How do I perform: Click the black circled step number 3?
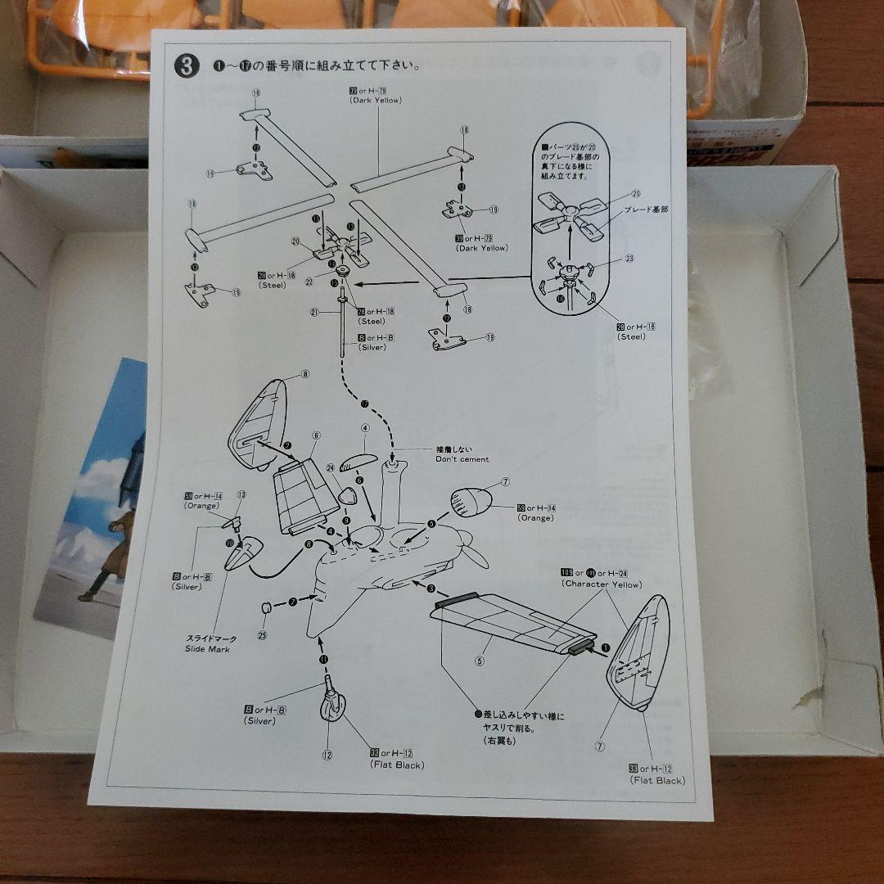point(187,66)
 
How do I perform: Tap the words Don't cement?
point(462,459)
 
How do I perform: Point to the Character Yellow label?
point(602,584)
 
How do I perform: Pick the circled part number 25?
point(262,634)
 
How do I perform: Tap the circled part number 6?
point(315,435)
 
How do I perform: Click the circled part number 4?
point(365,427)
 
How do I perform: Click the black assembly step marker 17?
point(364,403)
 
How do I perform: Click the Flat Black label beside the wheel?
point(397,765)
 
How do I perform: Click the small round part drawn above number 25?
point(265,609)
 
